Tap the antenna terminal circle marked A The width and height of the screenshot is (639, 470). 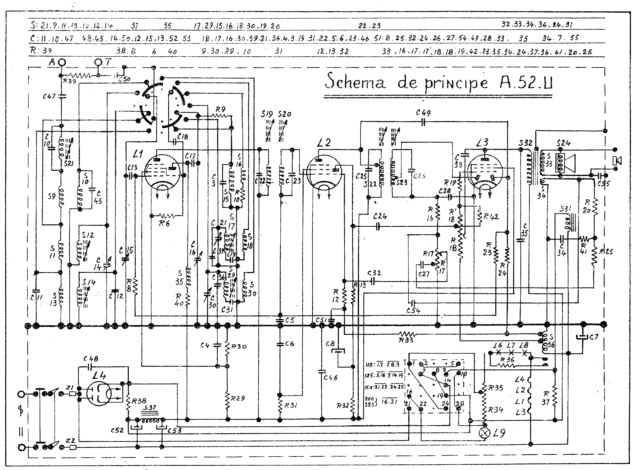(61, 62)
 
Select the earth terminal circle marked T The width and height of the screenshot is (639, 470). (98, 62)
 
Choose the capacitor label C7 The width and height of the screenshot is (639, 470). (593, 337)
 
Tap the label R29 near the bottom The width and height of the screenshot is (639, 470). (238, 398)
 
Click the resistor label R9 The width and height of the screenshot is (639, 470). (221, 109)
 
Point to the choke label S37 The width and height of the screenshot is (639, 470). (150, 407)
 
